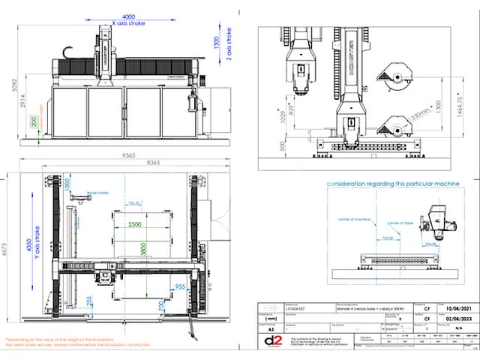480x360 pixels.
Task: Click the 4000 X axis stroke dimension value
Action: coord(129,16)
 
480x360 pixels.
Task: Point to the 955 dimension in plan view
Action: coord(179,286)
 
